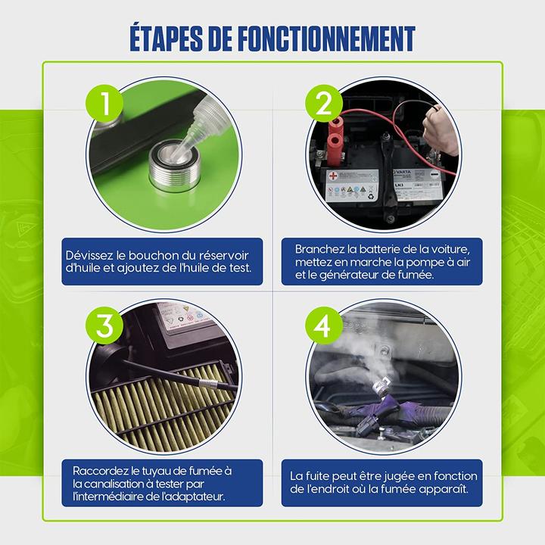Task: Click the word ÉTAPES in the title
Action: (x=166, y=39)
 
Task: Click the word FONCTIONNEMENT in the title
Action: (x=327, y=39)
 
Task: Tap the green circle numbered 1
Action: (x=104, y=103)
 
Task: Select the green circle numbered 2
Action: (x=324, y=103)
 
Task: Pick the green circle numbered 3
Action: (x=104, y=325)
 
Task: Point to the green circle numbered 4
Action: (x=324, y=325)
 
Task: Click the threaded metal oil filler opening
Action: (x=175, y=165)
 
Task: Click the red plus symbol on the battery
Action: (x=333, y=176)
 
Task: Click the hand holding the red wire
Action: (x=441, y=131)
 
